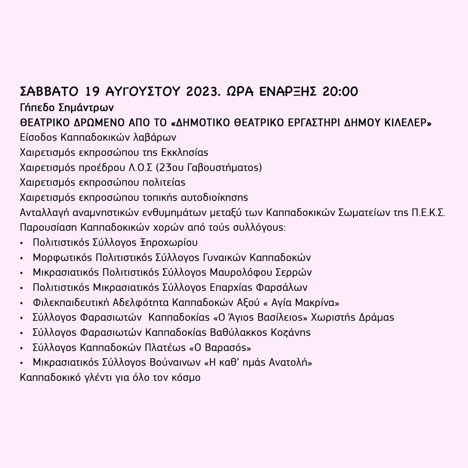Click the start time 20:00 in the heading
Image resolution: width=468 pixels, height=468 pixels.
tap(340, 92)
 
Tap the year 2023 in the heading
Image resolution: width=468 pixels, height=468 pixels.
tap(203, 92)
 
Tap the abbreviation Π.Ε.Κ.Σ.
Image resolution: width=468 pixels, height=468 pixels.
tap(429, 212)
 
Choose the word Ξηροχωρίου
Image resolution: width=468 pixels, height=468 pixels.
tap(169, 243)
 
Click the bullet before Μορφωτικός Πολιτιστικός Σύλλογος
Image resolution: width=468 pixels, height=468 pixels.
tap(22, 258)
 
